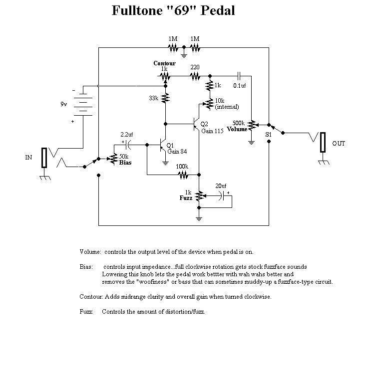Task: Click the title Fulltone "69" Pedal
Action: coord(173,10)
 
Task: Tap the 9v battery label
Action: coord(63,105)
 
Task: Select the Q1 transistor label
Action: coord(170,145)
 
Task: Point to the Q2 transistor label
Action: coord(204,124)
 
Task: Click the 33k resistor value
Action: coord(153,98)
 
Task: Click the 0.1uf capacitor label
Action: coord(240,85)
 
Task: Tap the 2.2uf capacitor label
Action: coord(126,134)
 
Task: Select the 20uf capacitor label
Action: coord(221,186)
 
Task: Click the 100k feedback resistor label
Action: coord(182,166)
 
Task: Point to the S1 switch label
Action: coord(268,135)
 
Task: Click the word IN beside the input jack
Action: coord(28,158)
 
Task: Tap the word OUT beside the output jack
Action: coord(339,144)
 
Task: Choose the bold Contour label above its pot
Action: coord(164,64)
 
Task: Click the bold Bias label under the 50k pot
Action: coord(125,163)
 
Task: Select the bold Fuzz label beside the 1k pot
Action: coord(186,198)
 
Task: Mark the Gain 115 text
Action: coord(211,130)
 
